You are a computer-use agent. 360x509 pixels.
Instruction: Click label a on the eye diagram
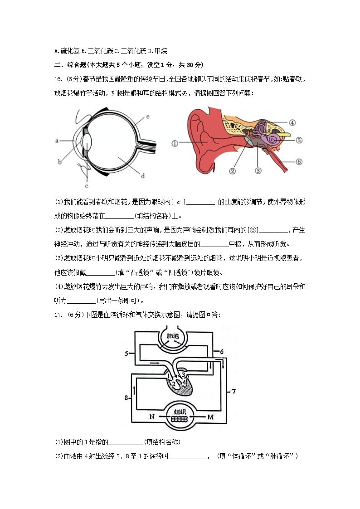click(x=58, y=141)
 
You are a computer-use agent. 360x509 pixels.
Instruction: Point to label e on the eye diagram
click(x=148, y=117)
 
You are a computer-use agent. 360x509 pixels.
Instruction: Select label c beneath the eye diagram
click(x=86, y=185)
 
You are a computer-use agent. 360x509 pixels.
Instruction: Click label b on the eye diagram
click(x=60, y=161)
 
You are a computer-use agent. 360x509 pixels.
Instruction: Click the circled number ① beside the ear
click(x=175, y=143)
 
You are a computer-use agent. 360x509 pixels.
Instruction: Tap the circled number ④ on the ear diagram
click(x=292, y=122)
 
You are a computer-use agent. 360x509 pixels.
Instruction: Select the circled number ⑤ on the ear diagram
click(x=299, y=140)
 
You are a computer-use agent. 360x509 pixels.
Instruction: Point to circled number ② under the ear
click(x=232, y=171)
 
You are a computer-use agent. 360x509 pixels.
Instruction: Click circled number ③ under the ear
click(x=258, y=171)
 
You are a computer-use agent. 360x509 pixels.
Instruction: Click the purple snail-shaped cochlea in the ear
click(x=273, y=140)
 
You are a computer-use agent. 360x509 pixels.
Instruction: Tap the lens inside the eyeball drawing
click(x=89, y=141)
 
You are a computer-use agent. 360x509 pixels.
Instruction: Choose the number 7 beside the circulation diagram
click(x=234, y=391)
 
